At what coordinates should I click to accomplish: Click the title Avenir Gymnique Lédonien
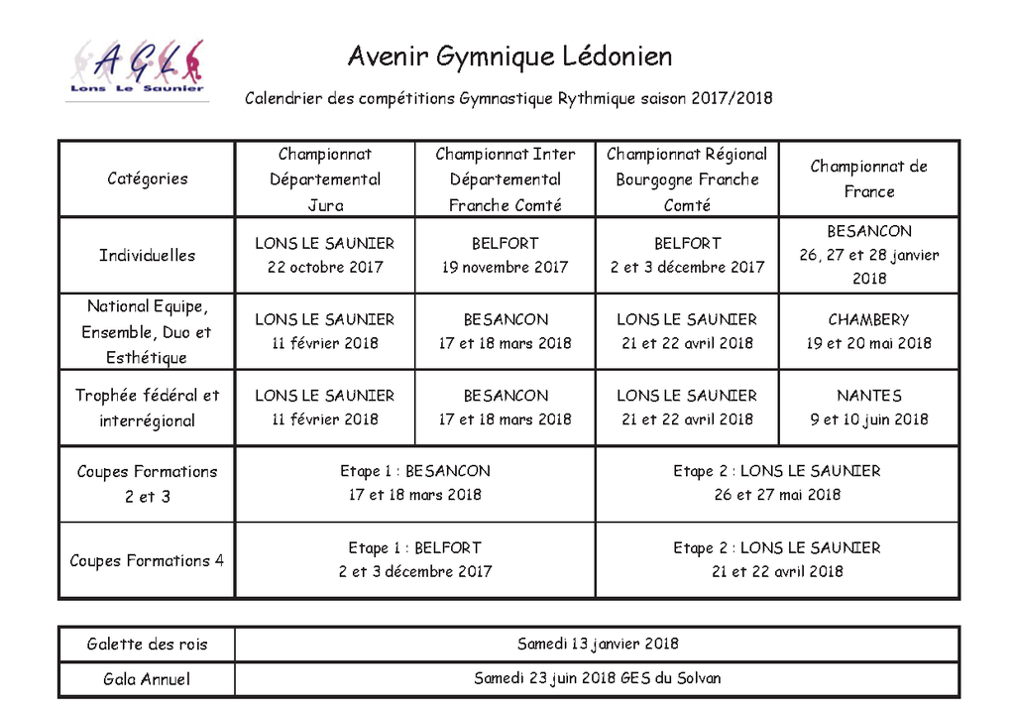pyautogui.click(x=509, y=57)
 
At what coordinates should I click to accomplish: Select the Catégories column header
pyautogui.click(x=147, y=178)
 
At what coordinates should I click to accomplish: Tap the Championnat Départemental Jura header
pyautogui.click(x=325, y=179)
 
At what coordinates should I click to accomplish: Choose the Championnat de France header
pyautogui.click(x=868, y=178)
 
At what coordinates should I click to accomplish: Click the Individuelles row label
pyautogui.click(x=147, y=255)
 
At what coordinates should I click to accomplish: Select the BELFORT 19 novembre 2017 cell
pyautogui.click(x=505, y=255)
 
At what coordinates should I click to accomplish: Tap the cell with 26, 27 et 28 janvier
pyautogui.click(x=868, y=255)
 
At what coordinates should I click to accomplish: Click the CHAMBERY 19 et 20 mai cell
pyautogui.click(x=868, y=331)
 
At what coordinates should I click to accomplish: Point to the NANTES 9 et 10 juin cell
pyautogui.click(x=868, y=407)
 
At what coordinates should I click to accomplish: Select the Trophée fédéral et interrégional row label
pyautogui.click(x=147, y=408)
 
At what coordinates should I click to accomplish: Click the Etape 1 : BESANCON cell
pyautogui.click(x=414, y=483)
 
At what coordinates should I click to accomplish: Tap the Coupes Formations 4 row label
pyautogui.click(x=147, y=560)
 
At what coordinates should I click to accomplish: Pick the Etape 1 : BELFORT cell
pyautogui.click(x=414, y=559)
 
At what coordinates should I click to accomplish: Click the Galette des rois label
pyautogui.click(x=147, y=645)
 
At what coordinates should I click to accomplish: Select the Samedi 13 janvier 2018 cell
pyautogui.click(x=598, y=644)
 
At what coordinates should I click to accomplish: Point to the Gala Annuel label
pyautogui.click(x=147, y=679)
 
